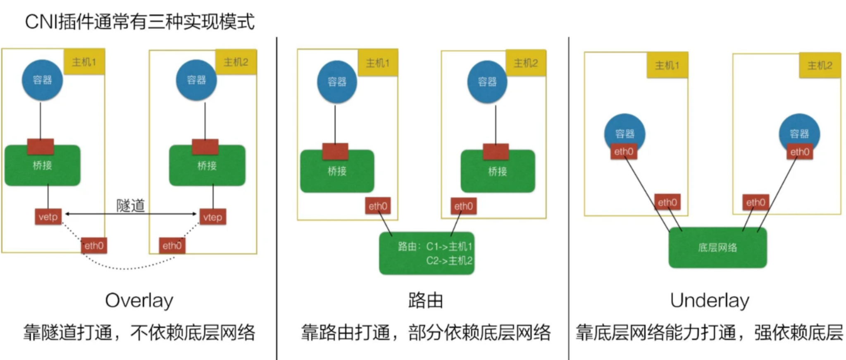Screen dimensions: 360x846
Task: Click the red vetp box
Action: (x=48, y=217)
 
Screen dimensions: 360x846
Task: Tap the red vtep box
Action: (x=212, y=217)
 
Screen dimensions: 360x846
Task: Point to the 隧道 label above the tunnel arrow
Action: (x=131, y=205)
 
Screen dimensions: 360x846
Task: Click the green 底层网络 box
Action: (x=717, y=248)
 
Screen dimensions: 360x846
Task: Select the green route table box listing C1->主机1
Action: (x=427, y=253)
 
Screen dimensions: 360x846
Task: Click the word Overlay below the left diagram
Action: (x=139, y=301)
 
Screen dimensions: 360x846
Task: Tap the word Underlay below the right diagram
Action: (x=709, y=301)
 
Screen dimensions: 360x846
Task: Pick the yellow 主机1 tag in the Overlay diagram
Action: (x=84, y=62)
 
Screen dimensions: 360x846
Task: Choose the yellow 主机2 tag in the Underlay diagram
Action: (x=820, y=65)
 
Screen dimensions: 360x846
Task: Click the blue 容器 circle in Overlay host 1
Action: (x=42, y=80)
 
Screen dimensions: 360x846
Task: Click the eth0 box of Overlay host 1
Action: (x=94, y=246)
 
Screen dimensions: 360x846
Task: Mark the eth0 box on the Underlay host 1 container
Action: (x=624, y=152)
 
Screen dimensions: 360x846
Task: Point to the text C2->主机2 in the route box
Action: (x=449, y=261)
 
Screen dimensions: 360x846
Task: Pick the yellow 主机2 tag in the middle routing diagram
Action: (x=526, y=63)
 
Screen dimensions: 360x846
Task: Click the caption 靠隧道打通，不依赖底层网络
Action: (x=139, y=333)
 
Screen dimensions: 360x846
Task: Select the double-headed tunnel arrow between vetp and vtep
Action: (x=131, y=214)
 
